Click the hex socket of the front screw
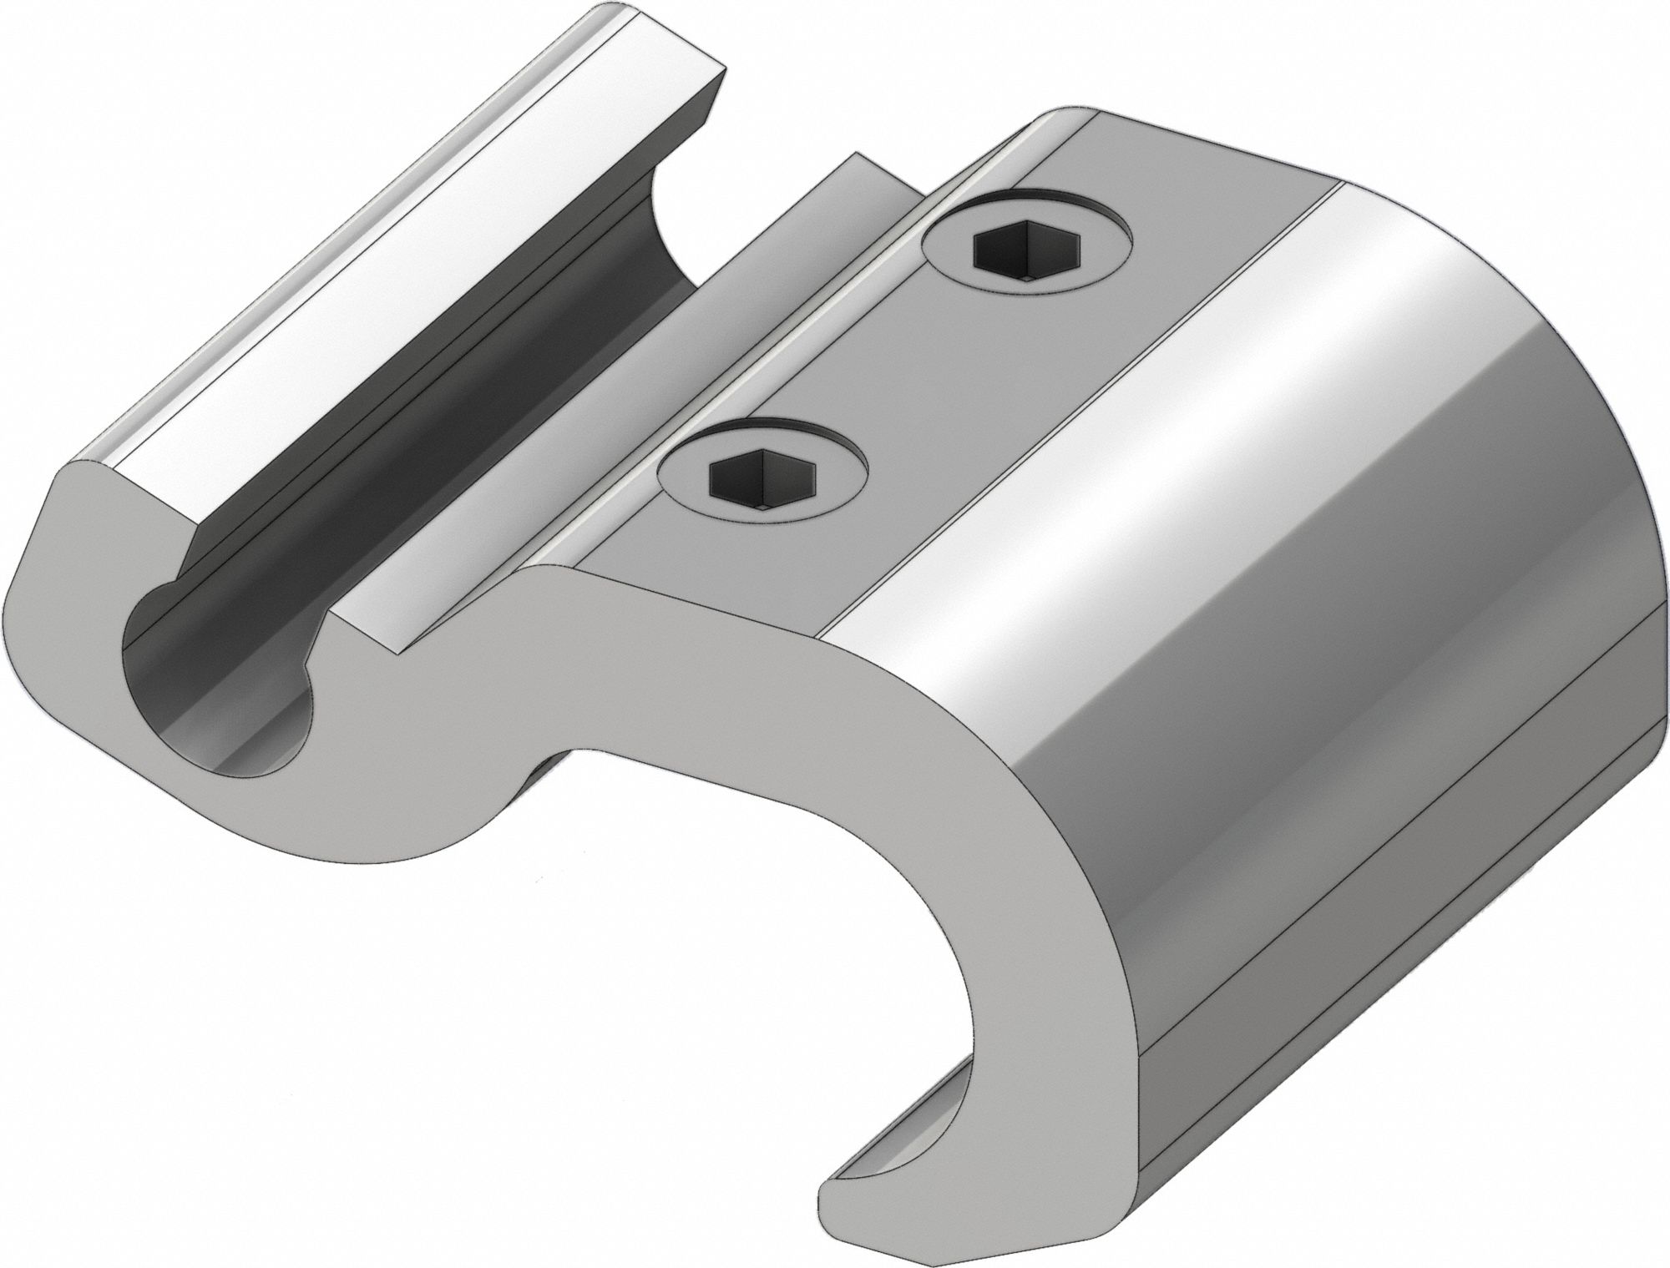click(x=760, y=482)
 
